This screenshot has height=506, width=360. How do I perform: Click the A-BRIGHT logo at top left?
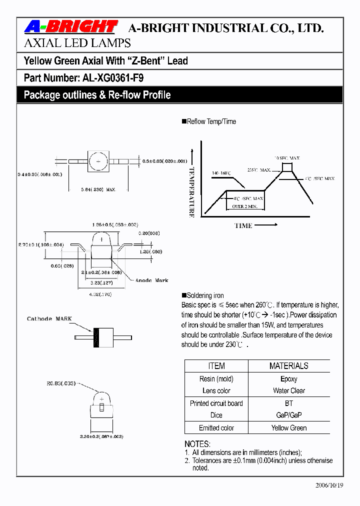[x=70, y=26]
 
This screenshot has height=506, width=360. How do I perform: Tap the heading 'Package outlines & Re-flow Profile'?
[x=97, y=95]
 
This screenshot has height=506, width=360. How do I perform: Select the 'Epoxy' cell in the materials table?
[x=288, y=379]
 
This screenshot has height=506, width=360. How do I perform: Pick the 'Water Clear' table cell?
[x=288, y=390]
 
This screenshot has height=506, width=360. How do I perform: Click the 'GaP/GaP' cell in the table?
[x=288, y=415]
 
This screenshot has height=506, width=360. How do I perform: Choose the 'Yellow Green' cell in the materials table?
[x=288, y=428]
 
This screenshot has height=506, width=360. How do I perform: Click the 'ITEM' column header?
[x=216, y=366]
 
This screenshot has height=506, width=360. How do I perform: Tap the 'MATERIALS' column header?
[x=288, y=366]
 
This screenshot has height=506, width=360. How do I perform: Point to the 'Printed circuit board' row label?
[x=216, y=403]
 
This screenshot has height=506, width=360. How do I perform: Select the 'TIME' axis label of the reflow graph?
[x=243, y=225]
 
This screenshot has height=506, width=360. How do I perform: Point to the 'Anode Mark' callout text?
[x=152, y=280]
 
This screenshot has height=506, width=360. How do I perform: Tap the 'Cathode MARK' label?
[x=49, y=318]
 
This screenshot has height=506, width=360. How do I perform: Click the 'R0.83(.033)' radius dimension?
[x=61, y=383]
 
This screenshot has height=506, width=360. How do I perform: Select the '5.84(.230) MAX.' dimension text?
[x=98, y=189]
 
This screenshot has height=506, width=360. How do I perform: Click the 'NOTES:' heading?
[x=197, y=444]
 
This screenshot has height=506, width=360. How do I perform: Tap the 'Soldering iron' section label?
[x=204, y=295]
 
